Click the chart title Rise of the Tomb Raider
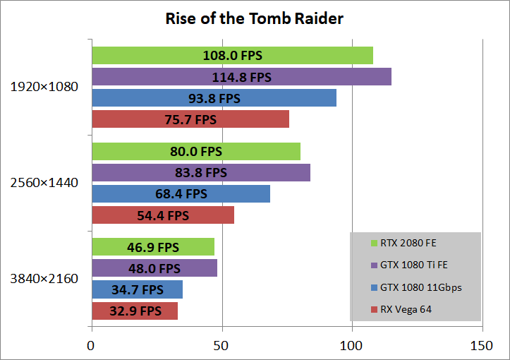(x=255, y=18)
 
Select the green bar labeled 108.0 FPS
(x=232, y=56)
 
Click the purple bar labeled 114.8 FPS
(x=241, y=77)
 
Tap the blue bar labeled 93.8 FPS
(x=214, y=98)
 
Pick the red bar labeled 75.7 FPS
(x=190, y=119)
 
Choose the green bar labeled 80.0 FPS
(x=196, y=151)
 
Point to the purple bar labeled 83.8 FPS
(x=201, y=172)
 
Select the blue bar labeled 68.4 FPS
(x=181, y=193)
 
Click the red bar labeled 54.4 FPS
(x=163, y=215)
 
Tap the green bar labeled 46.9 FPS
(x=153, y=247)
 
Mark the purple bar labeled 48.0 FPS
(x=154, y=268)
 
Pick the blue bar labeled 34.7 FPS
(x=137, y=289)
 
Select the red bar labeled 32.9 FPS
(x=135, y=311)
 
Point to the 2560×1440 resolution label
(x=44, y=183)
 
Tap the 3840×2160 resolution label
(x=44, y=278)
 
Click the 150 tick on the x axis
(x=482, y=347)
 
